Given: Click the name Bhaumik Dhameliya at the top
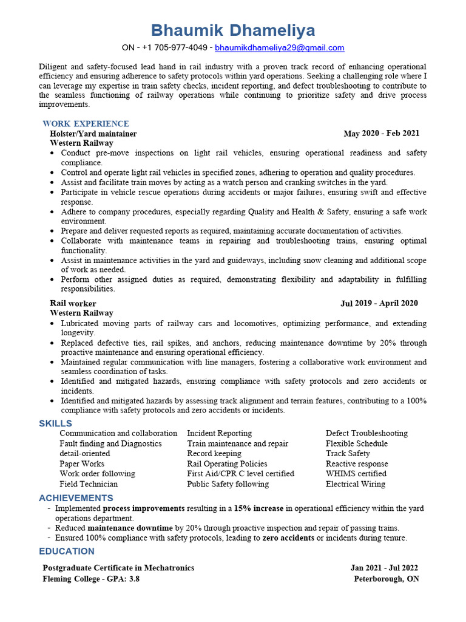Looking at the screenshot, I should point(233,30).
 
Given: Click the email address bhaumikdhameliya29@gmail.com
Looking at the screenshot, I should point(280,47).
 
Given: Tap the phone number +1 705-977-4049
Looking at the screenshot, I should point(174,47).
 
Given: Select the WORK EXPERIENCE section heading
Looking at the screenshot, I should point(86,124).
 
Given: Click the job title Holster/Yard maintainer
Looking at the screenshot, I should point(93,134).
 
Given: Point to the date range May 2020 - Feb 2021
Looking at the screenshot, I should point(381,134).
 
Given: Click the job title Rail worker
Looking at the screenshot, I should point(73,303).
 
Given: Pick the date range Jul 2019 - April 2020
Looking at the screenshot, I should point(379,303).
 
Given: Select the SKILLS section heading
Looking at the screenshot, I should point(55,423).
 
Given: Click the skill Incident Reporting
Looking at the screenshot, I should point(219,433).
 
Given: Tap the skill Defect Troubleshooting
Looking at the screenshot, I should point(366,433).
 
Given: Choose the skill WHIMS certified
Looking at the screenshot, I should point(356,474).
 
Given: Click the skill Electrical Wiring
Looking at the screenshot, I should point(356,484).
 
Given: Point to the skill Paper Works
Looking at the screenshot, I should point(82,463).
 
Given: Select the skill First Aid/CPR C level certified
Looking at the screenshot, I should point(240,474).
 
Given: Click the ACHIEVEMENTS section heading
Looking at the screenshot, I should point(76,498).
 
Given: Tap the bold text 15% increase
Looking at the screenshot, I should point(258,508).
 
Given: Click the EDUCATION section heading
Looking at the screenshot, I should point(67,552).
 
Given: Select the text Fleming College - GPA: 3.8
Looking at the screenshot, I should point(91,579).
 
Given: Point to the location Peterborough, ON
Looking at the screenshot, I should point(387,579).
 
